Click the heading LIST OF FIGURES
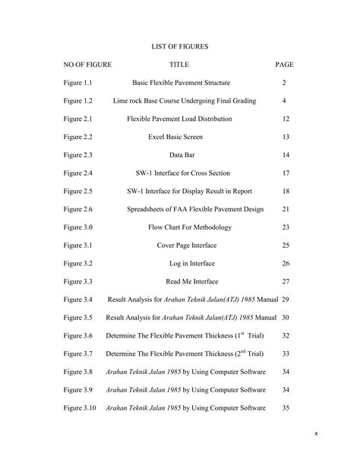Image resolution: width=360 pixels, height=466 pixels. click(179, 46)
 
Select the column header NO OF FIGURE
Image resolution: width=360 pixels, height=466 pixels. click(87, 65)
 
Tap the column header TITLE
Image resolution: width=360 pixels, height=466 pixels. click(179, 65)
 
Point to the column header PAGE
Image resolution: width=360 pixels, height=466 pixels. click(284, 65)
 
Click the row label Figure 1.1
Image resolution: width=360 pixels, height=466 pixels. click(78, 83)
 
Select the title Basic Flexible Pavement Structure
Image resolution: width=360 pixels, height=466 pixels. click(181, 83)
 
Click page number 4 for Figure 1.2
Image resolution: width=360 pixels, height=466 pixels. click(284, 101)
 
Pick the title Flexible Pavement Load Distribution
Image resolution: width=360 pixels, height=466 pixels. click(180, 119)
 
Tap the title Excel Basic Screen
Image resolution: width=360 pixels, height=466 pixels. click(180, 137)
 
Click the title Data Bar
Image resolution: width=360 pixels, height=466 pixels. click(181, 155)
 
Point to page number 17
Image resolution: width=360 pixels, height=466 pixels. click(286, 173)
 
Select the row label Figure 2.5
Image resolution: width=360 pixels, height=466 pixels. click(78, 192)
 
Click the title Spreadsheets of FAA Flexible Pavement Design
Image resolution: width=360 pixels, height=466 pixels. click(180, 209)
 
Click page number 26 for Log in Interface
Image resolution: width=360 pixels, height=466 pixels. click(286, 264)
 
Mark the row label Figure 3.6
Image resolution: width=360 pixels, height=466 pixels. click(78, 336)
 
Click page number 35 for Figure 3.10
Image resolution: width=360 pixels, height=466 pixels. click(286, 408)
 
